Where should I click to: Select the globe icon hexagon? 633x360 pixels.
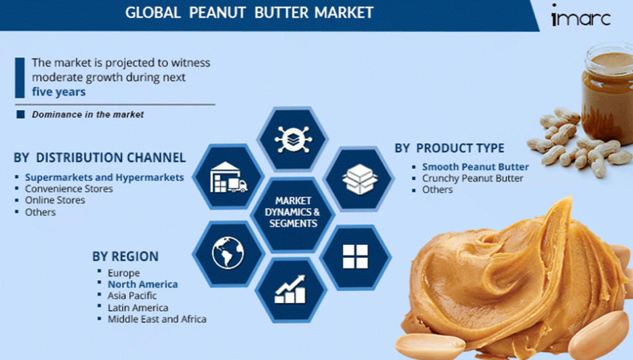(228, 254)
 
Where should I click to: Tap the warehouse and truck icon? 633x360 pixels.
(229, 178)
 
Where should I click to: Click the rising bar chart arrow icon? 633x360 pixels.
(291, 289)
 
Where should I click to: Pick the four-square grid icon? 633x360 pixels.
(355, 257)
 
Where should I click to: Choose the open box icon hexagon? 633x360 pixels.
(359, 179)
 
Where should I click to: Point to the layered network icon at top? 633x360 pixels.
(292, 139)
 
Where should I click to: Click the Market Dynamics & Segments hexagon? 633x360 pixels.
(292, 212)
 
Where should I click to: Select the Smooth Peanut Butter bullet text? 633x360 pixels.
(475, 167)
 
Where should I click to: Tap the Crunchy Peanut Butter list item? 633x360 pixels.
(472, 178)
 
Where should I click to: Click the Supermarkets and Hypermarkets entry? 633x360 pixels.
(104, 178)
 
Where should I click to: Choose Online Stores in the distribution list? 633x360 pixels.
(55, 200)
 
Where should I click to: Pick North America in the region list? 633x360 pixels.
(143, 284)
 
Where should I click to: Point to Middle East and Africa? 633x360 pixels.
(156, 319)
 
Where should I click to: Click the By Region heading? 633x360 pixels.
(125, 256)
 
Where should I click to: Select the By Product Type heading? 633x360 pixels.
(449, 148)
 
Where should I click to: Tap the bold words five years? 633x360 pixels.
(59, 92)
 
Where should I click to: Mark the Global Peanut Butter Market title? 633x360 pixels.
(249, 12)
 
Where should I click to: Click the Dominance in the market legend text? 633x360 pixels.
(88, 114)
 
